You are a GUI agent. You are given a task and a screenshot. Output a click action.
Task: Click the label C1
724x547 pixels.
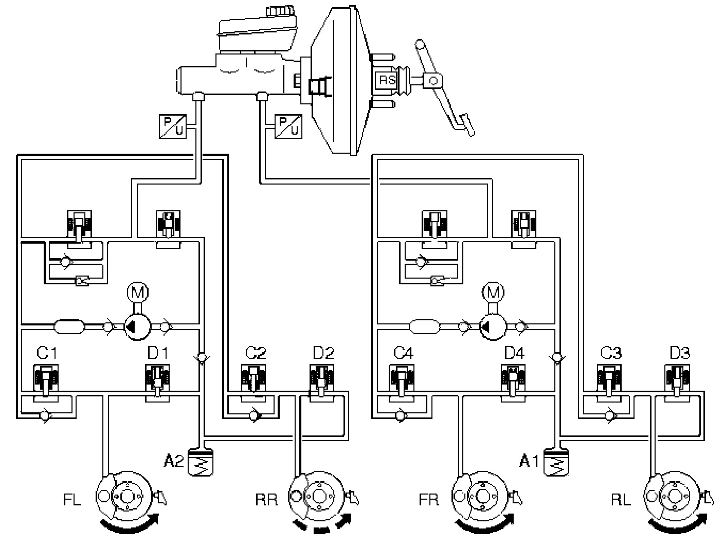(47, 353)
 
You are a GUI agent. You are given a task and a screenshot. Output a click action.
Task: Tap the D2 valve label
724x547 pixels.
(323, 353)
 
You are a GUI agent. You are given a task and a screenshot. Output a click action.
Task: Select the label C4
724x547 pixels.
(403, 353)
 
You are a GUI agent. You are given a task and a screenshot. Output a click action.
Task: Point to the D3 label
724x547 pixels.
(680, 353)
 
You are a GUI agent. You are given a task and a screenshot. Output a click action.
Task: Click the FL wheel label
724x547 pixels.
(72, 500)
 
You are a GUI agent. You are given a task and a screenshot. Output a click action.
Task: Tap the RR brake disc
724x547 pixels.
(317, 497)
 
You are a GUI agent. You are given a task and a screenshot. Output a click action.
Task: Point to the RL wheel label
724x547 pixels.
(621, 500)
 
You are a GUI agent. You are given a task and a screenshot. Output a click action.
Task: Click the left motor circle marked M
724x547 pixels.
(138, 292)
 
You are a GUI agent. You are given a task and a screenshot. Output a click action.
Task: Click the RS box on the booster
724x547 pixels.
(387, 80)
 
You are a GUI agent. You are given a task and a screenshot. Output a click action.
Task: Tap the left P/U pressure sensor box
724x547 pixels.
(172, 126)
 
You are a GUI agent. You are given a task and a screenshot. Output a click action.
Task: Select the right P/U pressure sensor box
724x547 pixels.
(288, 126)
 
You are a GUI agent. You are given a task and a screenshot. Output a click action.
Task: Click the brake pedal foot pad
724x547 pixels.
(468, 125)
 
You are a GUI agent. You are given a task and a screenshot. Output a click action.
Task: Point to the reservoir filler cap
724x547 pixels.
(279, 11)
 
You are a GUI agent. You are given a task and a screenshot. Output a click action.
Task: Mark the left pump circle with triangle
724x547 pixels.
(137, 327)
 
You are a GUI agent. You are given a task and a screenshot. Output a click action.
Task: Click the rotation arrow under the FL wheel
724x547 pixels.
(129, 525)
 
